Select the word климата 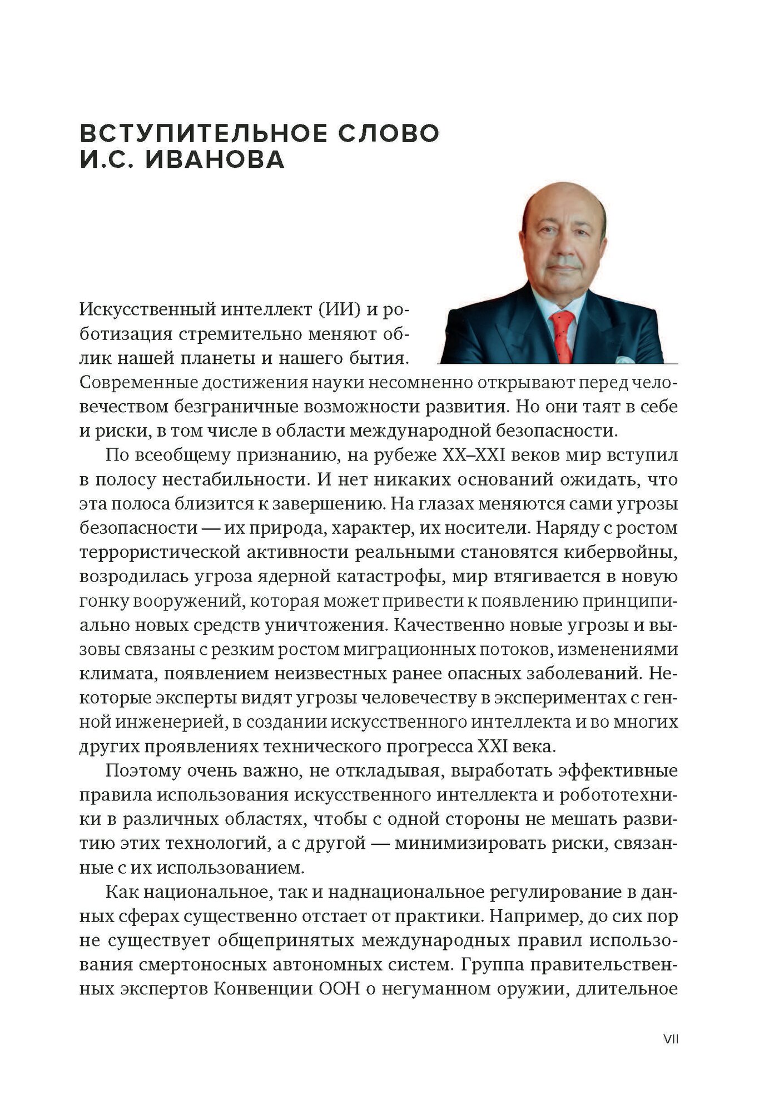[111, 674]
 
